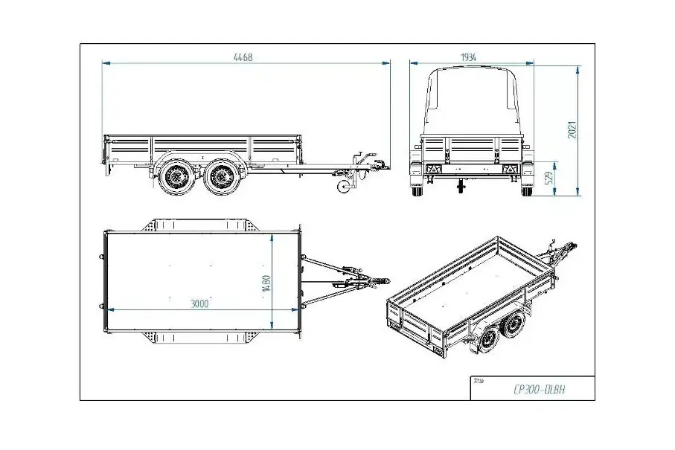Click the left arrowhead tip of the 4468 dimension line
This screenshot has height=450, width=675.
[103, 62]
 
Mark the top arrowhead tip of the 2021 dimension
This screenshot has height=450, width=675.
[578, 66]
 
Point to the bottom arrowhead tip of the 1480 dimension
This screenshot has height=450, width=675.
[272, 329]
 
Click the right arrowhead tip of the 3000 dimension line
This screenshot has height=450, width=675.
[299, 309]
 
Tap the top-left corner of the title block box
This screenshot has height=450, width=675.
[470, 376]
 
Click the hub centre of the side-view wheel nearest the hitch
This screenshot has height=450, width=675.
[222, 177]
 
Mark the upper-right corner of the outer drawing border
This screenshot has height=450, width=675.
[595, 43]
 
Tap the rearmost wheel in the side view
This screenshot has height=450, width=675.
[176, 177]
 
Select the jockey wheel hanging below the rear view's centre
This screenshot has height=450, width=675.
[461, 186]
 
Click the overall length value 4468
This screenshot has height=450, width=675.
[243, 57]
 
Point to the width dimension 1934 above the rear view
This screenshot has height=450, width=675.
[468, 57]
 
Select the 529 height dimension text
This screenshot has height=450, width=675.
[549, 178]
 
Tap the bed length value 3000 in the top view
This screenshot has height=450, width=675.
[199, 303]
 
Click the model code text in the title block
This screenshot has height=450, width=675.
[540, 390]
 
